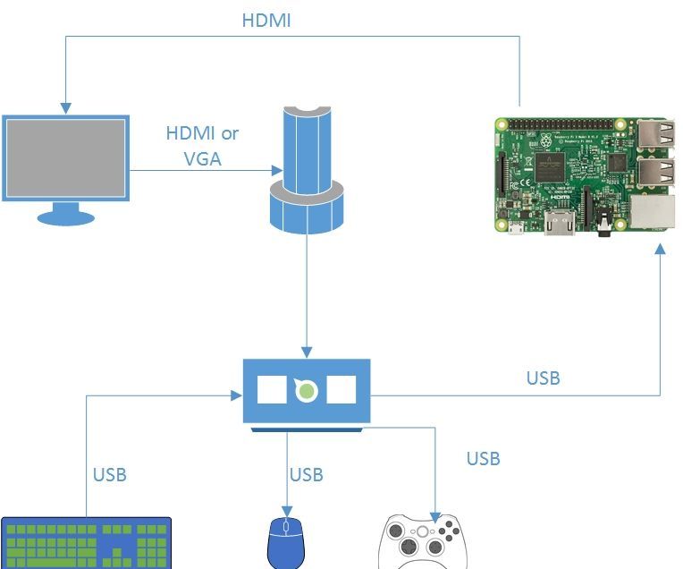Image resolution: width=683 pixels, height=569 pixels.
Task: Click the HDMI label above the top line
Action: [x=266, y=21]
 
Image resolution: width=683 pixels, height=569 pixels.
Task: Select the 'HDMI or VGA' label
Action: [x=203, y=147]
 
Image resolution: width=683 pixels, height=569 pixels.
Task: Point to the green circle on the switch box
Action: [x=307, y=390]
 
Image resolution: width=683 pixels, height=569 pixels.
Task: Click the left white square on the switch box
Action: [x=271, y=390]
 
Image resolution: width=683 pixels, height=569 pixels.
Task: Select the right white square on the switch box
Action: [x=341, y=390]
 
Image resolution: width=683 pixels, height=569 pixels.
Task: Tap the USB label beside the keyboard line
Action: [x=109, y=474]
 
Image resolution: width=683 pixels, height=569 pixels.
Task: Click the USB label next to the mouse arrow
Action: [x=306, y=474]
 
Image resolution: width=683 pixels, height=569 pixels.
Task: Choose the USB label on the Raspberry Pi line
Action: [x=543, y=378]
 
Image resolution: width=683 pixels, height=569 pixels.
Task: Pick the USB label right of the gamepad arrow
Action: [x=483, y=458]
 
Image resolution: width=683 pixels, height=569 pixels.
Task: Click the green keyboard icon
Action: [x=87, y=543]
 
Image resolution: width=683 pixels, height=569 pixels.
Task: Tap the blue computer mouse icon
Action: [x=286, y=543]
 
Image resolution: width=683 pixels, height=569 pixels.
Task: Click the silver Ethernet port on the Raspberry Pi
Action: [x=652, y=212]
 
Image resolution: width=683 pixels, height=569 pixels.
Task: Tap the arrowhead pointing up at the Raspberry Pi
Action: [x=660, y=253]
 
